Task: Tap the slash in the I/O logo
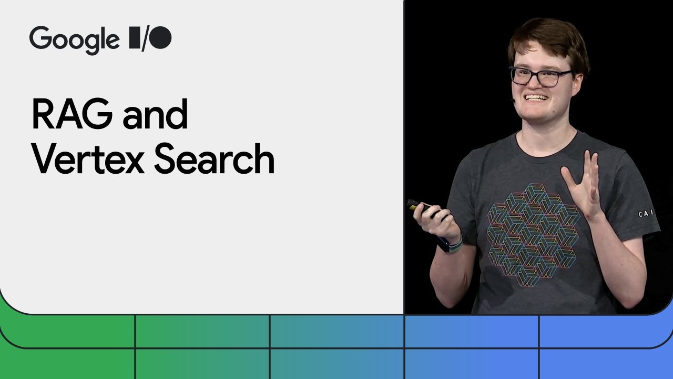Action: [x=142, y=38]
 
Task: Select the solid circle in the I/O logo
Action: [x=161, y=38]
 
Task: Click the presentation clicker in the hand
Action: [x=421, y=206]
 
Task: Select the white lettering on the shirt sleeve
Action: [x=646, y=214]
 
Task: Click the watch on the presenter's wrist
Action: [x=452, y=244]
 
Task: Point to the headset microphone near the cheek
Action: [x=514, y=99]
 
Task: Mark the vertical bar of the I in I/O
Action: [x=132, y=38]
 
